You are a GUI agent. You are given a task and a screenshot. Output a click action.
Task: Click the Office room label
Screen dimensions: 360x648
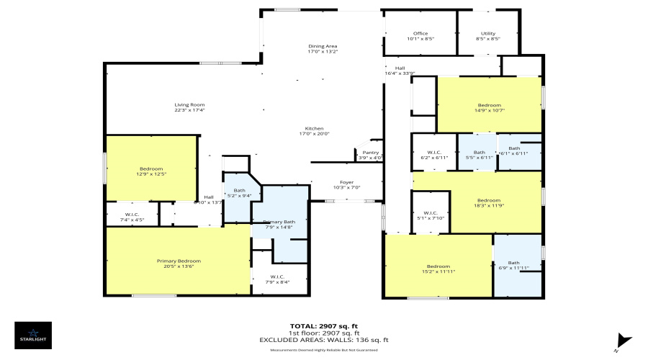tap(420, 33)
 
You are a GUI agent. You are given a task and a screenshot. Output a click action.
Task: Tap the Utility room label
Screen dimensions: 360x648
tap(487, 33)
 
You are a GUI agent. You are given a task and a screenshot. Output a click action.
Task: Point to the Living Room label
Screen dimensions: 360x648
tap(189, 105)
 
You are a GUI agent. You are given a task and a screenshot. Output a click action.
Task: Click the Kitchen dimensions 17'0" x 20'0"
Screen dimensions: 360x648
tap(313, 133)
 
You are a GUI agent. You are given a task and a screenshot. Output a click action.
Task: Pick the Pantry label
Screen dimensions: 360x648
tap(370, 153)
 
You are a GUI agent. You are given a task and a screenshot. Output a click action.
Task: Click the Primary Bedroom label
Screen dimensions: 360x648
tap(179, 261)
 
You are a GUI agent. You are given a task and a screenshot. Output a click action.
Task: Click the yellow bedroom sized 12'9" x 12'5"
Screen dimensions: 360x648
tap(150, 169)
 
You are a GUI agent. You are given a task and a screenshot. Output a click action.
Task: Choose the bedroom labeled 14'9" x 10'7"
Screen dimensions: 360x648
tap(489, 105)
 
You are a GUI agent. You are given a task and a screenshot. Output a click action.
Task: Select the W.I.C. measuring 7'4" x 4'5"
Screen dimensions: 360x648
tap(132, 215)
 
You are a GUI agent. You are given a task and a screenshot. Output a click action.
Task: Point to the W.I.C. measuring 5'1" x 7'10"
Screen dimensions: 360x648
tap(430, 214)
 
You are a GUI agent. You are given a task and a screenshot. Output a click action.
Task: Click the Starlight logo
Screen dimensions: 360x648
tap(33, 335)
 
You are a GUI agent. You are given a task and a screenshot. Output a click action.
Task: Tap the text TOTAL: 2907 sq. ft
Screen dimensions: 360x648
tap(323, 326)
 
